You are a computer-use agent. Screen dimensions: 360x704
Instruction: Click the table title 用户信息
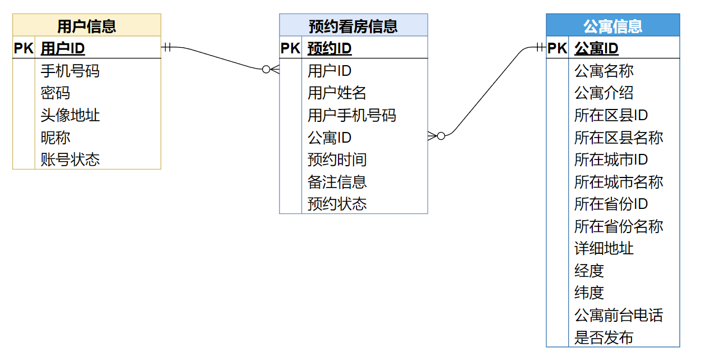(x=86, y=26)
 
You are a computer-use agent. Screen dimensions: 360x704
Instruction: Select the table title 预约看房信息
(x=353, y=26)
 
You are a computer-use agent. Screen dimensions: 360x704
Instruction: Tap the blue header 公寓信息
(x=612, y=26)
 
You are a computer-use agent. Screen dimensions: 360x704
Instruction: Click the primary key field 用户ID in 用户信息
(x=63, y=48)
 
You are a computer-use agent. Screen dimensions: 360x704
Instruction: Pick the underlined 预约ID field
(x=330, y=48)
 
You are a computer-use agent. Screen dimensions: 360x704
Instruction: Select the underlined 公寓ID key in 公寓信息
(x=596, y=48)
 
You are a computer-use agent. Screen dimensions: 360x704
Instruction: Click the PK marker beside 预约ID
(x=290, y=48)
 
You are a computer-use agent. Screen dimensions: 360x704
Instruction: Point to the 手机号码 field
(x=70, y=71)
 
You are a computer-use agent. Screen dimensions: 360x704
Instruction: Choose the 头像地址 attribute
(x=70, y=115)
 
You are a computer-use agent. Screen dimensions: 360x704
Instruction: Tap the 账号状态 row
(x=70, y=160)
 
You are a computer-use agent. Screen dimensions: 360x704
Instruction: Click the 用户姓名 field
(x=337, y=93)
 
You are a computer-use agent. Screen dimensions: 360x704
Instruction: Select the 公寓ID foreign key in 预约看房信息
(x=330, y=137)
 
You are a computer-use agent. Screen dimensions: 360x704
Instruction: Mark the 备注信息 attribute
(x=337, y=181)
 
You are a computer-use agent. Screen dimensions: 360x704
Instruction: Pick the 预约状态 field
(x=337, y=203)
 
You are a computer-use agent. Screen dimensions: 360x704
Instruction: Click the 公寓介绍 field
(x=604, y=93)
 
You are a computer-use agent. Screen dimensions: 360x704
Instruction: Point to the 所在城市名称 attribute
(x=618, y=181)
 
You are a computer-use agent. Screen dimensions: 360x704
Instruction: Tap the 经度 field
(x=589, y=270)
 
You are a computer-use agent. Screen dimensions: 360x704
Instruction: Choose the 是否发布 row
(x=604, y=337)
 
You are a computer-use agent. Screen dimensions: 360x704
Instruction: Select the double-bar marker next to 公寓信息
(x=540, y=47)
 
